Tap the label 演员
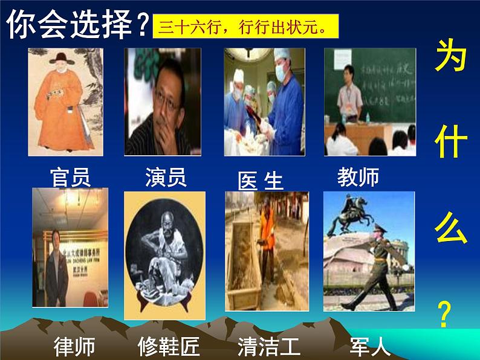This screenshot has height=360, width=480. click(x=165, y=178)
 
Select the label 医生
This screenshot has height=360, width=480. click(x=261, y=181)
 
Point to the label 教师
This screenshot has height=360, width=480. click(x=358, y=178)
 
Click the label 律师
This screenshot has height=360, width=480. click(x=74, y=347)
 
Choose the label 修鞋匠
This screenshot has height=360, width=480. click(x=169, y=347)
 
